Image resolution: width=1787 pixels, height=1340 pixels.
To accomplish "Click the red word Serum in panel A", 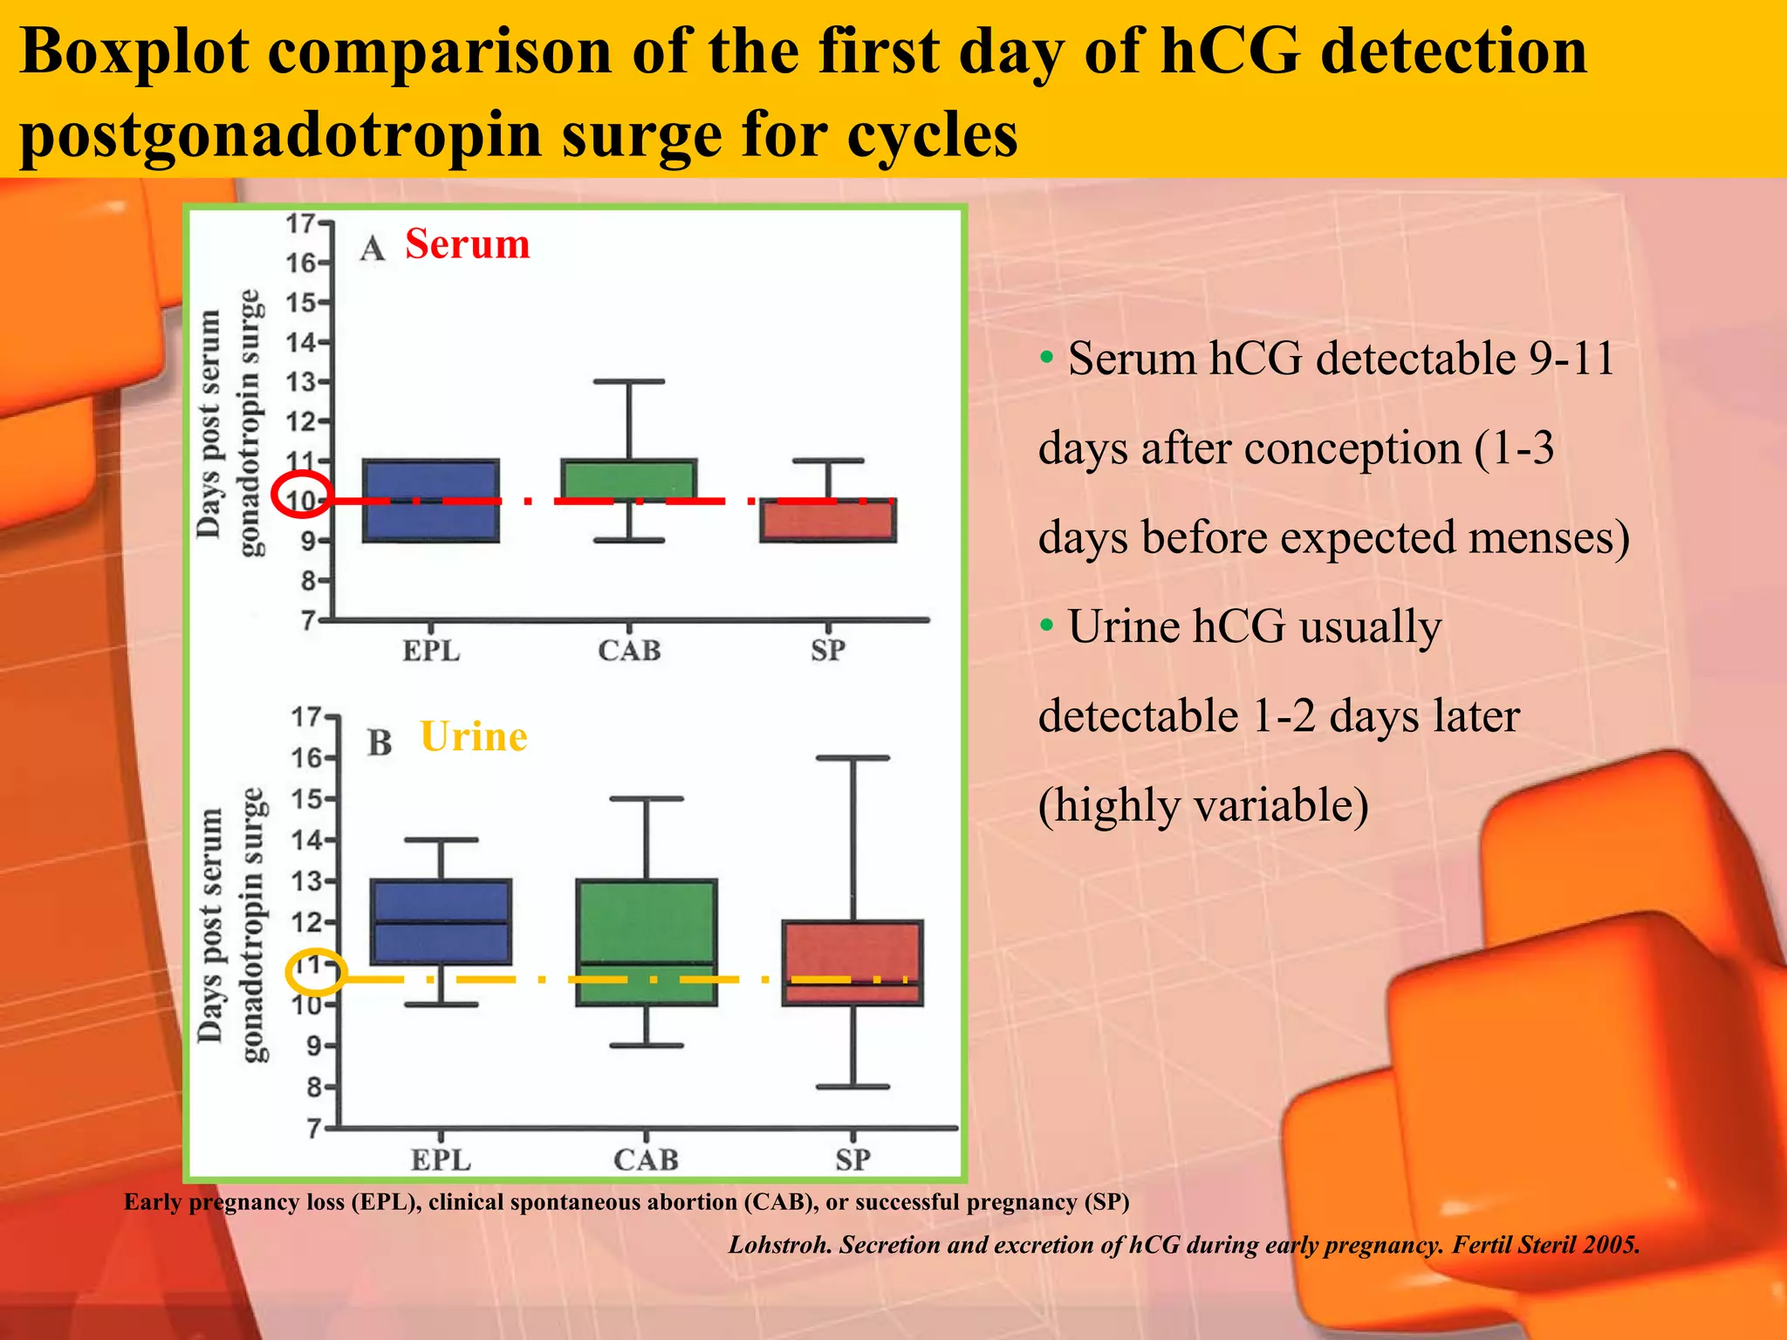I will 467,244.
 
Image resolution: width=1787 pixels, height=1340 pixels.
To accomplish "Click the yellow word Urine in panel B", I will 473,737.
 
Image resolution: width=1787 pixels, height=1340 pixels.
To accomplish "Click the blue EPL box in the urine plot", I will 441,922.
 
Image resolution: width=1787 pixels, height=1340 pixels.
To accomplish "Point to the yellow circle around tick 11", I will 317,971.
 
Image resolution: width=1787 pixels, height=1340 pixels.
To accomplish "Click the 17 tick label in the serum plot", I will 301,223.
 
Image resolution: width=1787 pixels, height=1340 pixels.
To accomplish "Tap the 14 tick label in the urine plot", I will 306,840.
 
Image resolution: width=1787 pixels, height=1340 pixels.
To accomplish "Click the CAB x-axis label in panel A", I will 629,651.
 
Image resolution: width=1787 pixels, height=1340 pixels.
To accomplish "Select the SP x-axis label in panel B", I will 852,1159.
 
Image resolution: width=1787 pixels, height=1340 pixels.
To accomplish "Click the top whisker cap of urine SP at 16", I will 852,758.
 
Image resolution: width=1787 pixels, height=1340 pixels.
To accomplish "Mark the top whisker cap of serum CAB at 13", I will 629,381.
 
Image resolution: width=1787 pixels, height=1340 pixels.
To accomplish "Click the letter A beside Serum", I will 373,249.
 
